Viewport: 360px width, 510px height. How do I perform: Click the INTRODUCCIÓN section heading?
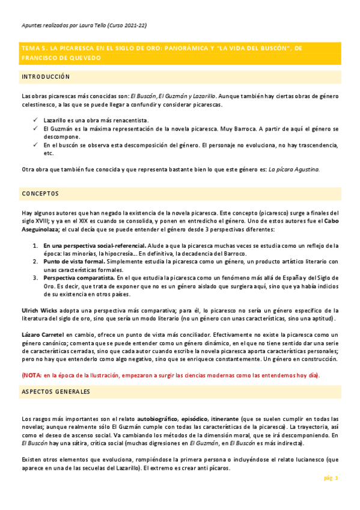pos(46,78)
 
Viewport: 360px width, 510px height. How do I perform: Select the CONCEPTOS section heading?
pos(40,194)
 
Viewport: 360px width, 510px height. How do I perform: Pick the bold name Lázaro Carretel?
pos(43,334)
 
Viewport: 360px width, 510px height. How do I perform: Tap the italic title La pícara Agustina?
pos(294,170)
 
